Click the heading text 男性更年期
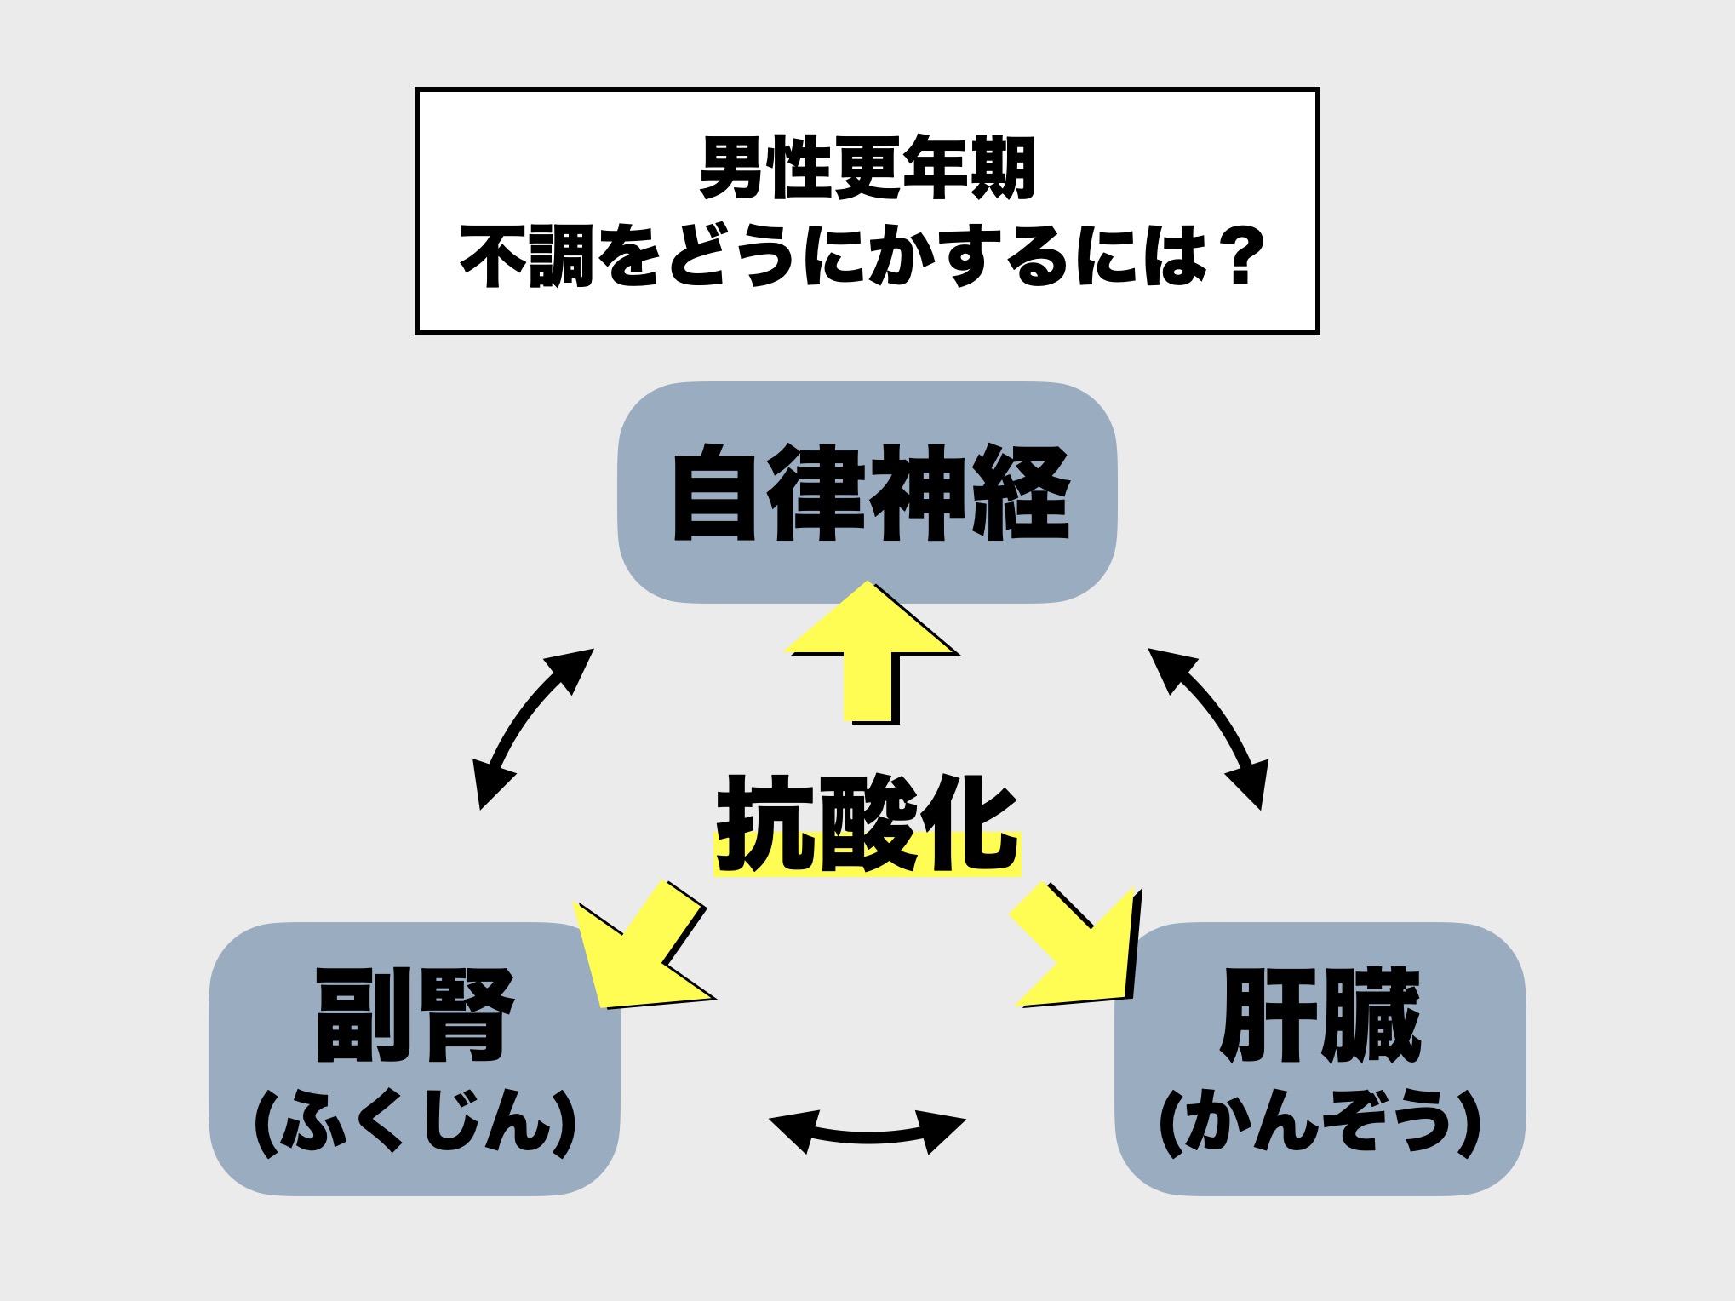867,168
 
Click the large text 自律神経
868,493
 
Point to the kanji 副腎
415,1015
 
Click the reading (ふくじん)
415,1123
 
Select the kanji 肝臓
1320,1015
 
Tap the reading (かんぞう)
1320,1123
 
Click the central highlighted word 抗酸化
867,824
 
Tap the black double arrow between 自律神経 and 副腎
532,728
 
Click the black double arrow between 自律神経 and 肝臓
1209,728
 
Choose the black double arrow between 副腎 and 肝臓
867,1132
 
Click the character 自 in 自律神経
715,493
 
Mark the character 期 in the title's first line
1003,168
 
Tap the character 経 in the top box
1022,493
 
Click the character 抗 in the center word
764,824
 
